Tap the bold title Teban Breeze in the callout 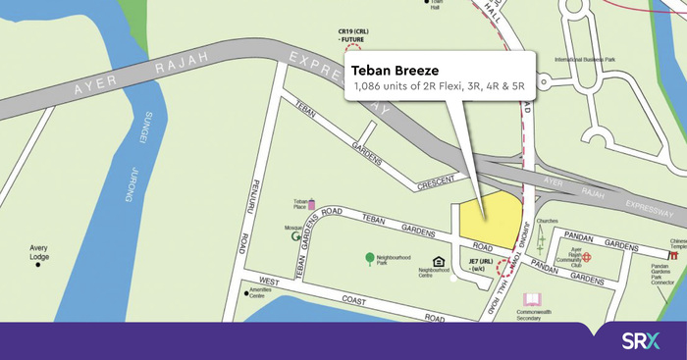coord(395,71)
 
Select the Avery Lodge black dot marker coord(38,264)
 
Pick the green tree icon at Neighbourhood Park coord(369,258)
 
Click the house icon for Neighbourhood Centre coord(439,260)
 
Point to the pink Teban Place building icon coord(312,204)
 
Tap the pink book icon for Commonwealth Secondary coord(533,299)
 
